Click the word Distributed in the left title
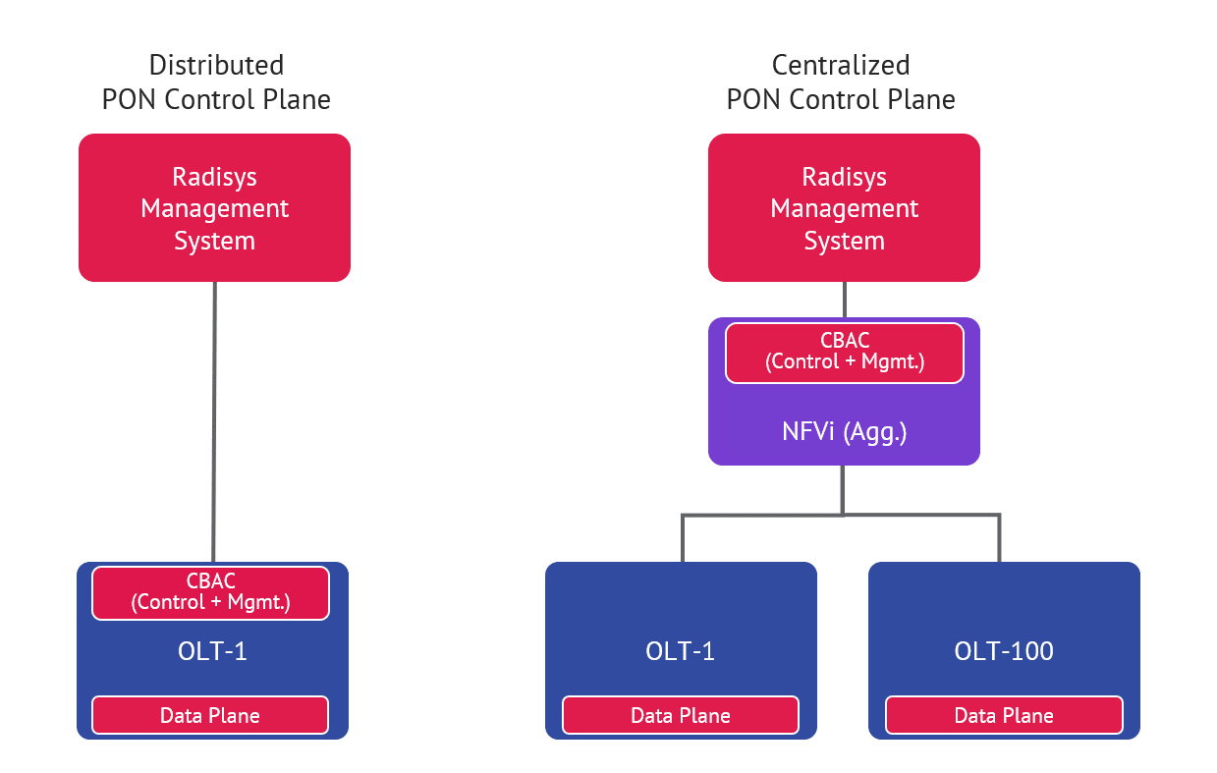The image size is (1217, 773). pos(216,66)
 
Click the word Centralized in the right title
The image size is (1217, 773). pos(841,66)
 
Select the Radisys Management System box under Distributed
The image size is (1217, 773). pos(214,208)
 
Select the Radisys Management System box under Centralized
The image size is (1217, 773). pos(844,208)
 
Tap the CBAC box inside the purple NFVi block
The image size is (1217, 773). pos(845,352)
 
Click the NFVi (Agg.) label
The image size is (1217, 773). pos(844,432)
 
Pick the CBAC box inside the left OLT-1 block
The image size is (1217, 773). pos(210,592)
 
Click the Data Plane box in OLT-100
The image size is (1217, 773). pos(1004,715)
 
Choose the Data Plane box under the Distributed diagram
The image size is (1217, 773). pos(210,715)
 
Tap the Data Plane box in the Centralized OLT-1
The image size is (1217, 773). pos(681,715)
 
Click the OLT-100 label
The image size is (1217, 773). pos(1004,650)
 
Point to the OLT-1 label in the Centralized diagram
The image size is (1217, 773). pos(681,650)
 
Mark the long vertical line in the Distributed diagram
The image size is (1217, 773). pos(214,422)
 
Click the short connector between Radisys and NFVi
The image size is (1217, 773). pos(844,300)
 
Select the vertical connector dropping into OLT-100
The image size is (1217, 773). pos(999,538)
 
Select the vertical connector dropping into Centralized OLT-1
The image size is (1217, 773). pos(683,538)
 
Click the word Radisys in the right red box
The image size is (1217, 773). pos(844,177)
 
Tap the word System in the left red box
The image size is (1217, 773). pos(214,241)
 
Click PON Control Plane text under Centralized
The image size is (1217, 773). pos(841,99)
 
